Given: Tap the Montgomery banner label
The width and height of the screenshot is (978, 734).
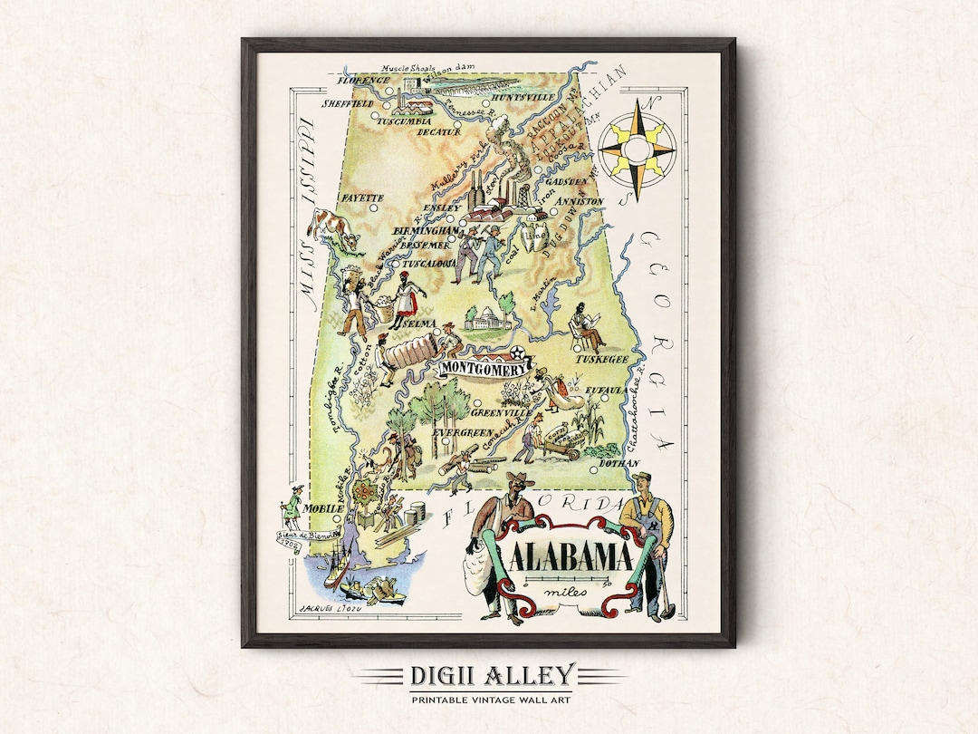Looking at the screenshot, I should (484, 370).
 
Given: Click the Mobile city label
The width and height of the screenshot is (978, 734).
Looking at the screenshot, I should (324, 508).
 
